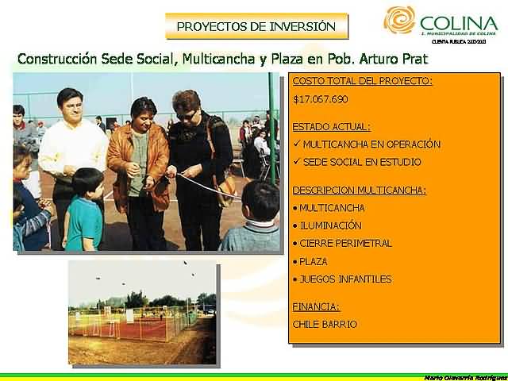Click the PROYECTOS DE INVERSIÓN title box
pyautogui.click(x=256, y=26)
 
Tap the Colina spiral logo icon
pyautogui.click(x=399, y=21)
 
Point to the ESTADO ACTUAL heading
pyautogui.click(x=331, y=126)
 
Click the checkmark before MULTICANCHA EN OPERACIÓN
pyautogui.click(x=296, y=144)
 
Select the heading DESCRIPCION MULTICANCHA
pyautogui.click(x=359, y=190)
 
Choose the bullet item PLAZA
pyautogui.click(x=314, y=261)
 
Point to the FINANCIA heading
pyautogui.click(x=316, y=306)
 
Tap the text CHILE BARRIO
pyautogui.click(x=325, y=324)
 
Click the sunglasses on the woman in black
pyautogui.click(x=186, y=115)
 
